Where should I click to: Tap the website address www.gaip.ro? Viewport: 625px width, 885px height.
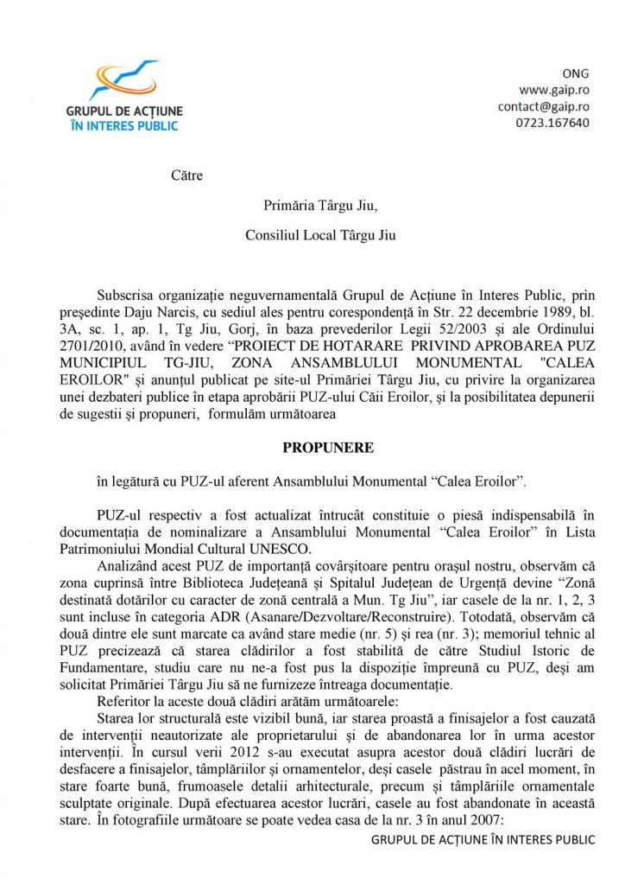(553, 89)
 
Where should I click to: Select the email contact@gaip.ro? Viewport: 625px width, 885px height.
(543, 106)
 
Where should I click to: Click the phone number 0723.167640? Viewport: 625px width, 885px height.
(554, 123)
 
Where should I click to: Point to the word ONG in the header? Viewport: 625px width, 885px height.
(576, 73)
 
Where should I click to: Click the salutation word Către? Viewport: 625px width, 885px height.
(186, 175)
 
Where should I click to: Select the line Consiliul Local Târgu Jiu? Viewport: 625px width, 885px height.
(320, 234)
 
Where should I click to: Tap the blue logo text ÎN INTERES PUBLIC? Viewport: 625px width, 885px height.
(123, 125)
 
